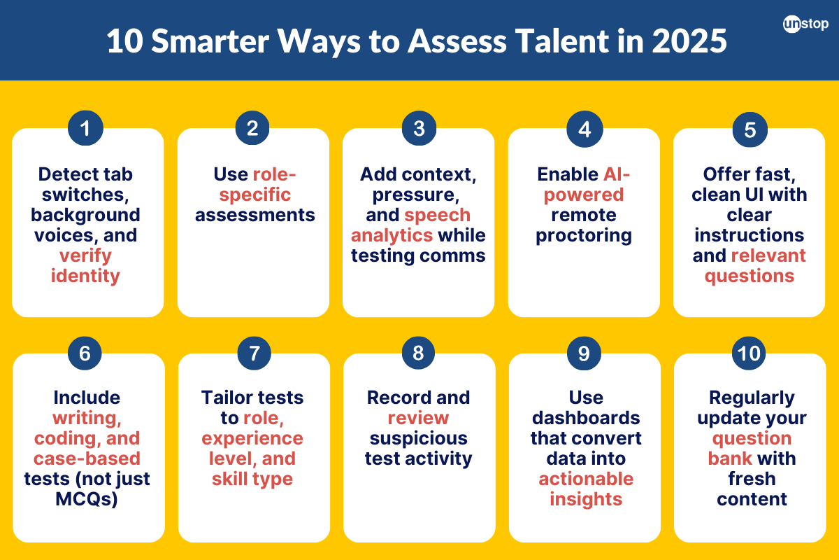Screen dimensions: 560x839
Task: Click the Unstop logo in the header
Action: pos(805,24)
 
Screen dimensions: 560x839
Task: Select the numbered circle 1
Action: pos(85,129)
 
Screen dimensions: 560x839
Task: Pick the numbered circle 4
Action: pos(584,129)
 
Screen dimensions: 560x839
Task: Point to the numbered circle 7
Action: pos(252,354)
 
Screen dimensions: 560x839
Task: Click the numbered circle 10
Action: pos(749,354)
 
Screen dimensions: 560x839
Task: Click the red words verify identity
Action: pos(85,266)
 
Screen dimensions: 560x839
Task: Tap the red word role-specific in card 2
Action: pos(256,184)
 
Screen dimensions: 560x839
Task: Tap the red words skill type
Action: pos(252,479)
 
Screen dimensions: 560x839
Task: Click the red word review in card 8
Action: pos(418,418)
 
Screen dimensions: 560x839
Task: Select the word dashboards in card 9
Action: pos(586,418)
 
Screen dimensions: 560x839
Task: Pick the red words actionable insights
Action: pos(586,489)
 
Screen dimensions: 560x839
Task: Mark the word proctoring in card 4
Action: pos(584,235)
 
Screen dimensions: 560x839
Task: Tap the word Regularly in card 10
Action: pos(752,398)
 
